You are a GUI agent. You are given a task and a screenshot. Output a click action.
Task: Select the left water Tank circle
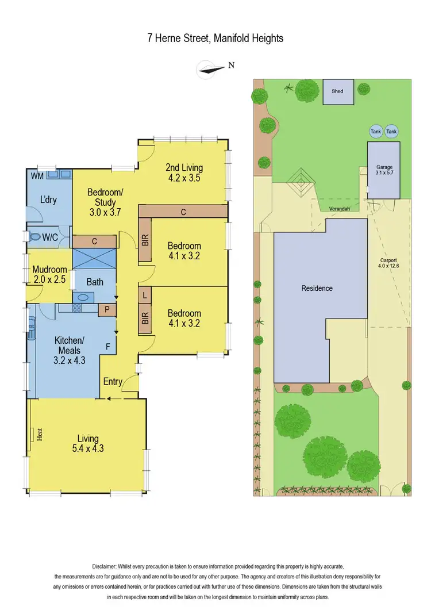376,132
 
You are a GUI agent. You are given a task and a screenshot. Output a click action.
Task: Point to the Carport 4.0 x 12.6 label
388,263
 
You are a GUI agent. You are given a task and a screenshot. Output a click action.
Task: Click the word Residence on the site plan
317,288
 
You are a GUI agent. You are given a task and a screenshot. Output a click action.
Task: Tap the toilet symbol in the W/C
36,236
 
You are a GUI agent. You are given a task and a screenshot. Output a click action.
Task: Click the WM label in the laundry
37,174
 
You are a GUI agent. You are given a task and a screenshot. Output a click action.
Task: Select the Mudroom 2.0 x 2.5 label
47,274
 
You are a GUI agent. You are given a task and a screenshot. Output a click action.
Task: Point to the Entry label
112,382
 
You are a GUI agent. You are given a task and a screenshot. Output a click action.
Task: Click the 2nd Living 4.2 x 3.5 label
184,172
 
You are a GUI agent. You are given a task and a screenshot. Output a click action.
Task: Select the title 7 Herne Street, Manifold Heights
215,39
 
